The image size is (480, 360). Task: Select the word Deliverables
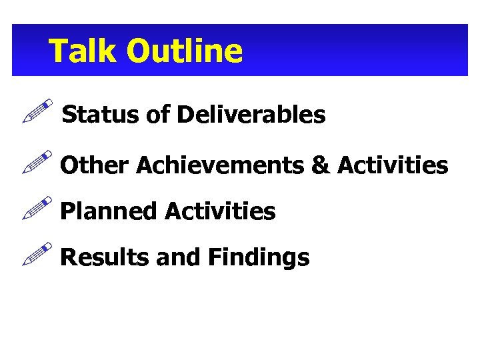pyautogui.click(x=251, y=115)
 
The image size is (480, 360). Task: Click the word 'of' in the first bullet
pyautogui.click(x=158, y=115)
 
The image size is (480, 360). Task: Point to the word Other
pyautogui.click(x=94, y=165)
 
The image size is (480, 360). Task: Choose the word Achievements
pyautogui.click(x=221, y=165)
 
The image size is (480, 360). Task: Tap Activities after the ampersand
pyautogui.click(x=393, y=165)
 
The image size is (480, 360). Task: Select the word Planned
pyautogui.click(x=109, y=211)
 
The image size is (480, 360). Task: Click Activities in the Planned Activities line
pyautogui.click(x=219, y=211)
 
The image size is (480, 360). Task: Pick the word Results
pyautogui.click(x=104, y=257)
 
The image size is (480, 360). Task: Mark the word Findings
pyautogui.click(x=258, y=257)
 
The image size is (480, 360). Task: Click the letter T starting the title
pyautogui.click(x=59, y=51)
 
